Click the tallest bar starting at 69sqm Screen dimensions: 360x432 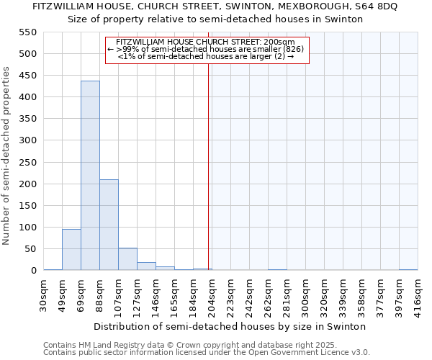click(90, 176)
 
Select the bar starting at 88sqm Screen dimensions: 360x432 click(109, 225)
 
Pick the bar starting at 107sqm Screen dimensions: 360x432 click(127, 259)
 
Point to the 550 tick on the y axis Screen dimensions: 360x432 click(27, 32)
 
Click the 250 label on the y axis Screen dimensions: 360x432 click(27, 163)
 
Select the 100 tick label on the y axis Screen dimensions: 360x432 click(27, 228)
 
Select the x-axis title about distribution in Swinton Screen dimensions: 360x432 click(230, 326)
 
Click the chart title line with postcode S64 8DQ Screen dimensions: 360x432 click(215, 6)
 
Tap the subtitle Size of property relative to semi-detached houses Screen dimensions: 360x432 click(215, 19)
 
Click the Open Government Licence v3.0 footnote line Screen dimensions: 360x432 click(207, 353)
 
